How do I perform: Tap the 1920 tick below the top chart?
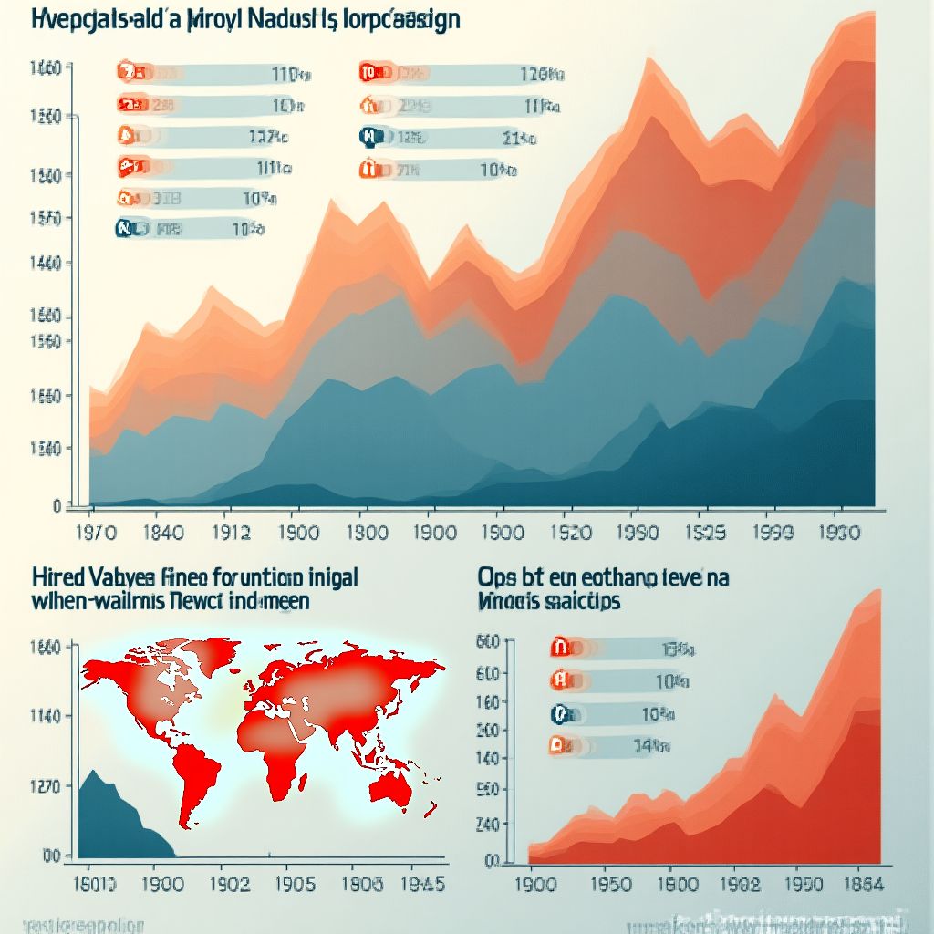coord(574,533)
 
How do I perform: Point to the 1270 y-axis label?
coord(45,786)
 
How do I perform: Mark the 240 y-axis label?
coord(489,823)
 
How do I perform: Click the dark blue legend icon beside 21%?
coord(369,139)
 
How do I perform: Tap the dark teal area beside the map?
coord(113,821)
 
